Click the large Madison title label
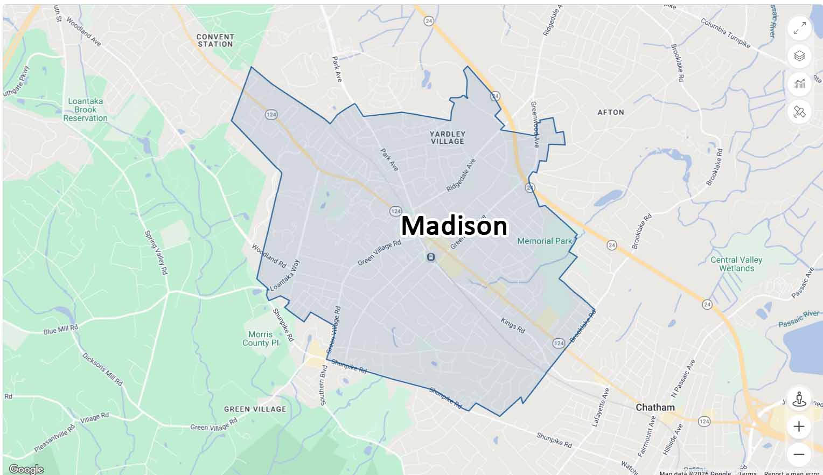coord(454,226)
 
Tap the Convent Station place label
coord(215,40)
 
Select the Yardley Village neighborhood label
coord(448,137)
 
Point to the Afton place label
coord(611,112)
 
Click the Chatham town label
coord(655,408)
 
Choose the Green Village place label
coord(255,409)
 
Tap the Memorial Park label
coord(545,241)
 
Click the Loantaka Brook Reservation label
coord(85,109)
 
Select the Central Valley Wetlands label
coord(736,264)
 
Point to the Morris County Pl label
coord(261,338)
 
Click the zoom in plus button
coord(799,427)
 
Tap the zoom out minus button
coord(799,454)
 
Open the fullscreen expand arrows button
coord(799,28)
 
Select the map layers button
coord(799,56)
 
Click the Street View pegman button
coord(799,399)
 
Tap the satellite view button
coord(799,112)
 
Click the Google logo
coord(26,469)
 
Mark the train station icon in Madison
coord(430,257)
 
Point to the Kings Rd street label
coord(512,325)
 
